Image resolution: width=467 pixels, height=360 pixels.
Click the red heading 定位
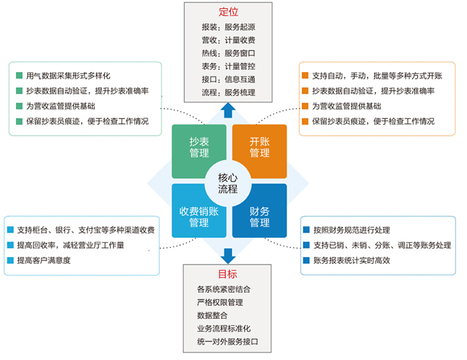point(228,12)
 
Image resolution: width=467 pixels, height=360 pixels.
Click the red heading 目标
point(228,273)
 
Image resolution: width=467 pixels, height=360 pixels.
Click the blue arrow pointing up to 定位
point(228,111)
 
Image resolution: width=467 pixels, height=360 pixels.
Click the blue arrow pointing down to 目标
point(228,253)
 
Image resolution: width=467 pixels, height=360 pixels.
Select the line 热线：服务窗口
point(229,53)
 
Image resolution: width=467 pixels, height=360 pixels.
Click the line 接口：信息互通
point(229,79)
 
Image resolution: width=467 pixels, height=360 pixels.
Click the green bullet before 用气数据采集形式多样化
point(18,75)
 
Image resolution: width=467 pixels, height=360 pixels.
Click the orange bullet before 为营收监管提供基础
point(305,106)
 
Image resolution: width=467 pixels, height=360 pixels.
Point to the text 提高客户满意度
point(44,260)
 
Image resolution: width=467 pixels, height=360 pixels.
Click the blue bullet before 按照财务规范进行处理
point(306,230)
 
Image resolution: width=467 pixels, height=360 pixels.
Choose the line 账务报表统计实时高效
point(357,260)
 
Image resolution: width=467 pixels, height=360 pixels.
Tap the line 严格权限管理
point(220,301)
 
